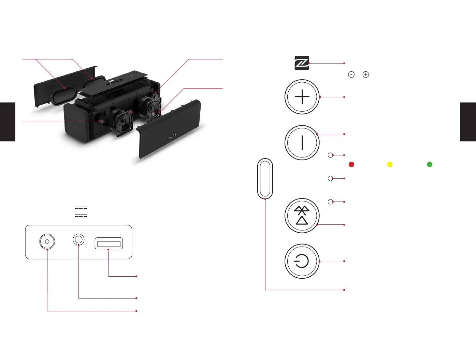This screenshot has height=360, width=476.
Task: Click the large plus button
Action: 302,97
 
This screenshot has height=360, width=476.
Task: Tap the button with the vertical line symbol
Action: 302,143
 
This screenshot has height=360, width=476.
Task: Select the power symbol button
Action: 302,261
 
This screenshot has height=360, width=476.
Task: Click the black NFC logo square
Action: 302,63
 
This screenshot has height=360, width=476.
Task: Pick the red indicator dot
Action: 351,165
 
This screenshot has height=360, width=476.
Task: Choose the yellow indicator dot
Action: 390,165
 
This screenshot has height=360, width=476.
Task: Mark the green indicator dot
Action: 430,165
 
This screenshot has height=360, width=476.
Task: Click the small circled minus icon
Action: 351,74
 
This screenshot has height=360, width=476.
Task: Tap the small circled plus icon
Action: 366,74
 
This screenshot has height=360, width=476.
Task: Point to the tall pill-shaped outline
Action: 265,178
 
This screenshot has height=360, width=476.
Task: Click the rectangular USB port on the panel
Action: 109,244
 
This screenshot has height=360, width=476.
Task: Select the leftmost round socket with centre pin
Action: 47,241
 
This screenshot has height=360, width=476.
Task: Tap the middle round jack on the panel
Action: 79,239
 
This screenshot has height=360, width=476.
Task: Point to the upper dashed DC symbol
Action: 81,208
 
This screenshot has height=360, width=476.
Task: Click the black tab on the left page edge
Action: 8,122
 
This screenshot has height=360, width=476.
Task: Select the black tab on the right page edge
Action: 468,122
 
